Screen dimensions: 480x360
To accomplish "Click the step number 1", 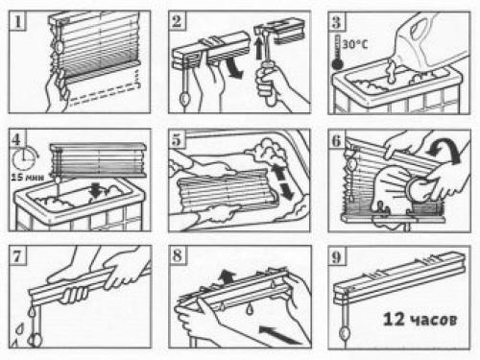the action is pyautogui.click(x=17, y=21).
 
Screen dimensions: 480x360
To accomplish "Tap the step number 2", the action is pyautogui.click(x=177, y=21).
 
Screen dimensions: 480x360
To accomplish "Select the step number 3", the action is pyautogui.click(x=336, y=22).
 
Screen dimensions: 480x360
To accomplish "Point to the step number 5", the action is pyautogui.click(x=177, y=140).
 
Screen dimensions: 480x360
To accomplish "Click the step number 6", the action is pyautogui.click(x=336, y=140).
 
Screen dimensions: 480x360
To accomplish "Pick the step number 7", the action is pyautogui.click(x=17, y=256).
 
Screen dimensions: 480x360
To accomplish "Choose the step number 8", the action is pyautogui.click(x=177, y=256).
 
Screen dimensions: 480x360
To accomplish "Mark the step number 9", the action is pyautogui.click(x=336, y=257).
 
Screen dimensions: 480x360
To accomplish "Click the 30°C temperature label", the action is pyautogui.click(x=355, y=44).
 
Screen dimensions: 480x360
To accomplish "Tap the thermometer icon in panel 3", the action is pyautogui.click(x=337, y=53).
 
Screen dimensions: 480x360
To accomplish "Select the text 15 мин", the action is pyautogui.click(x=27, y=177).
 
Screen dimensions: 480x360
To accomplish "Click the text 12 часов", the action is pyautogui.click(x=420, y=319).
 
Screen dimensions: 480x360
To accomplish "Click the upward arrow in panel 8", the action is pyautogui.click(x=227, y=276).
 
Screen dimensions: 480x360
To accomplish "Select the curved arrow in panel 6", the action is pyautogui.click(x=445, y=149).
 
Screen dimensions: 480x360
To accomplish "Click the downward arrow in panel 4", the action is pyautogui.click(x=95, y=190).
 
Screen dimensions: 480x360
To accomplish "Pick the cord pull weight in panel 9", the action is pyautogui.click(x=345, y=334).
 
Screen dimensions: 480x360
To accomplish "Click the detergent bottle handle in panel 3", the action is pyautogui.click(x=420, y=25).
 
